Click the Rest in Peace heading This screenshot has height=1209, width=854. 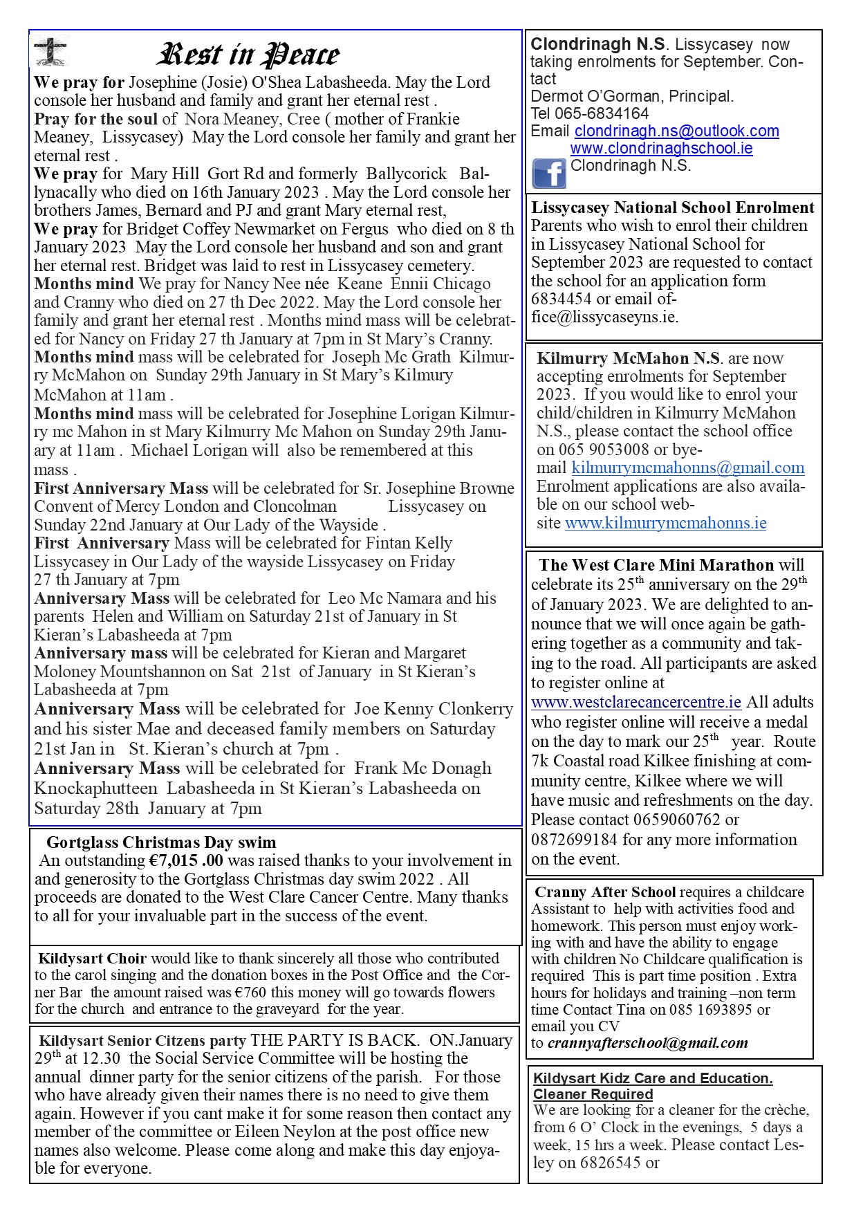[x=249, y=55]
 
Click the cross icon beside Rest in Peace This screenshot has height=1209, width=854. [x=50, y=50]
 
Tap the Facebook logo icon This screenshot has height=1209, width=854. [x=548, y=173]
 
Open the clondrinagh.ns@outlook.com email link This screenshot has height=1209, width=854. [x=676, y=131]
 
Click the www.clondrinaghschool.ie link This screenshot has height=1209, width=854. [x=661, y=148]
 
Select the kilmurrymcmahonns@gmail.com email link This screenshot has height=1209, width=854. [x=687, y=468]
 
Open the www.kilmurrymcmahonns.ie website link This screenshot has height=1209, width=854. [x=665, y=523]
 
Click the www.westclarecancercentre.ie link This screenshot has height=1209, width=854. [x=635, y=702]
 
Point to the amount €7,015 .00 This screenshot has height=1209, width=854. [x=186, y=860]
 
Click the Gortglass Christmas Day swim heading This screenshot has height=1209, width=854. [x=161, y=842]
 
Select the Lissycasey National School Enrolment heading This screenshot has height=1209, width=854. [x=672, y=207]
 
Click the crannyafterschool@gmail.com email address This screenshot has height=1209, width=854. [x=647, y=1043]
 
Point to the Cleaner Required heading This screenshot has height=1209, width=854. [x=593, y=1094]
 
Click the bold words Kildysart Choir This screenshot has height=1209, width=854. [x=92, y=959]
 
